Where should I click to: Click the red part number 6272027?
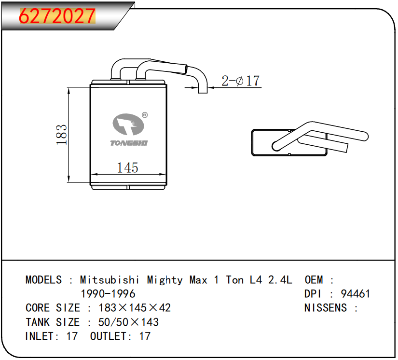(x=57, y=15)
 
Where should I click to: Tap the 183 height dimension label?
(x=62, y=135)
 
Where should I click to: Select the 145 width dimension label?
(x=127, y=167)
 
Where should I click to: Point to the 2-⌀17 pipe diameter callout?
(x=240, y=81)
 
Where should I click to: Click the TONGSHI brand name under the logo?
(x=129, y=143)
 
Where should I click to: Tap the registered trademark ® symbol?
(x=145, y=115)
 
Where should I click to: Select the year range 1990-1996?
(x=108, y=293)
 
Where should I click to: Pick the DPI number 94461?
(x=356, y=293)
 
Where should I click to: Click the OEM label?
(x=314, y=280)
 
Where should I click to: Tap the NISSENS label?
(x=325, y=307)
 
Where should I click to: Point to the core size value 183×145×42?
(x=135, y=307)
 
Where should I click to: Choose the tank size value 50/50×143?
(x=128, y=322)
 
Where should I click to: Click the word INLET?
(x=40, y=336)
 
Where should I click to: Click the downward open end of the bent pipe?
(x=203, y=89)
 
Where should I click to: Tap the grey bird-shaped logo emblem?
(x=128, y=125)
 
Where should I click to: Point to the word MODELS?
(x=43, y=280)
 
